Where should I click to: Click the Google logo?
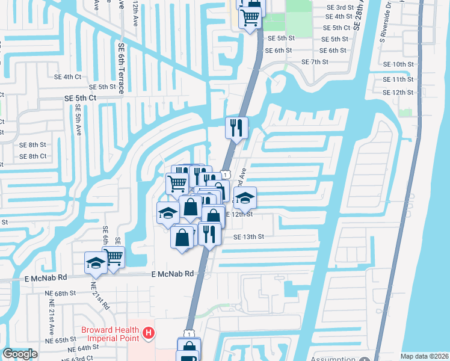[x=20, y=354]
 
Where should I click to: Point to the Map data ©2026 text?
[x=424, y=356]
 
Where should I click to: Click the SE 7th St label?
[x=315, y=62]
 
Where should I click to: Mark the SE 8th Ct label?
[x=33, y=156]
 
